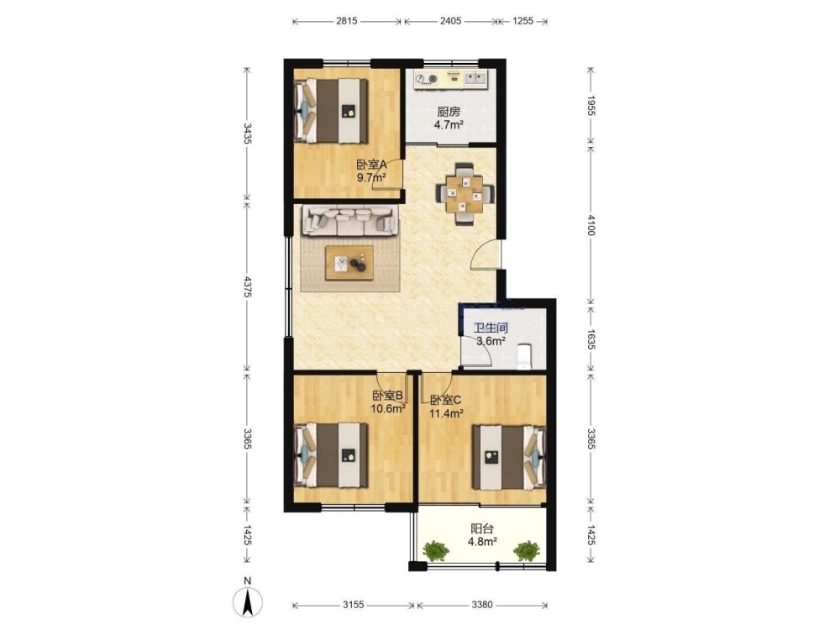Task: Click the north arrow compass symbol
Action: click(x=248, y=601)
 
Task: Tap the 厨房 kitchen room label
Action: click(x=449, y=112)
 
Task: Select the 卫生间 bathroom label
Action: click(x=491, y=328)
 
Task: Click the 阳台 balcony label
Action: click(x=482, y=528)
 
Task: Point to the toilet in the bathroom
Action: click(x=523, y=357)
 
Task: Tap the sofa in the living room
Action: click(x=351, y=221)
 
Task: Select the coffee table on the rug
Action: click(x=349, y=263)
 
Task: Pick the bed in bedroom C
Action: click(x=509, y=457)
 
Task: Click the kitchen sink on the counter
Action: click(x=475, y=78)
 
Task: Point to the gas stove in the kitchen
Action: click(x=427, y=79)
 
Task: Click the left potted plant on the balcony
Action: click(x=436, y=551)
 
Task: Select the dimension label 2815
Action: click(x=347, y=21)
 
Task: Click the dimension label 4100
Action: click(x=591, y=225)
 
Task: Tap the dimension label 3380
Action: click(x=482, y=605)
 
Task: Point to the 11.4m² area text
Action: click(x=446, y=413)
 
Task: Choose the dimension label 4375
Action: click(x=247, y=287)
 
